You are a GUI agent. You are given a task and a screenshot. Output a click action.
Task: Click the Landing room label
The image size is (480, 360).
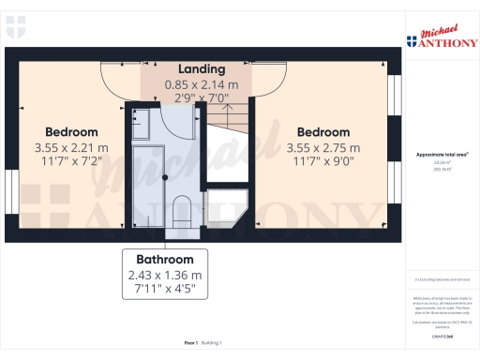[202, 69]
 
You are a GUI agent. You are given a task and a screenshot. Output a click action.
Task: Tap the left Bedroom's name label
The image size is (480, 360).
[71, 132]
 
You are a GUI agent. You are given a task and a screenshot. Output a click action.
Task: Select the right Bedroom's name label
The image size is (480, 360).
[323, 132]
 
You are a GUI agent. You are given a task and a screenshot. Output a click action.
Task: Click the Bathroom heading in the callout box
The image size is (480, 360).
[164, 260]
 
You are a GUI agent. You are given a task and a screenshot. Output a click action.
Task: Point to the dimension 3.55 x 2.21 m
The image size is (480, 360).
[71, 147]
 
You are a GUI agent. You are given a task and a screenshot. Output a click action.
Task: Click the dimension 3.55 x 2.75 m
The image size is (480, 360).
[323, 147]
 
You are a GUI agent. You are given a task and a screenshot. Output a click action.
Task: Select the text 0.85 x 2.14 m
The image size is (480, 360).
[202, 84]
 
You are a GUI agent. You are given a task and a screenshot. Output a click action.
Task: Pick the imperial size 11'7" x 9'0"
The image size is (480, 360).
[323, 162]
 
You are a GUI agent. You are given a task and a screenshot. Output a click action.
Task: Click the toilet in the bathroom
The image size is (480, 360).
[184, 210]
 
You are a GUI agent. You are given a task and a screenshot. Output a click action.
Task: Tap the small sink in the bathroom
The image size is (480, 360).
[140, 120]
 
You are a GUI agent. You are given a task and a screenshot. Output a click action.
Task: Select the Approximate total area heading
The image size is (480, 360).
[442, 154]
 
